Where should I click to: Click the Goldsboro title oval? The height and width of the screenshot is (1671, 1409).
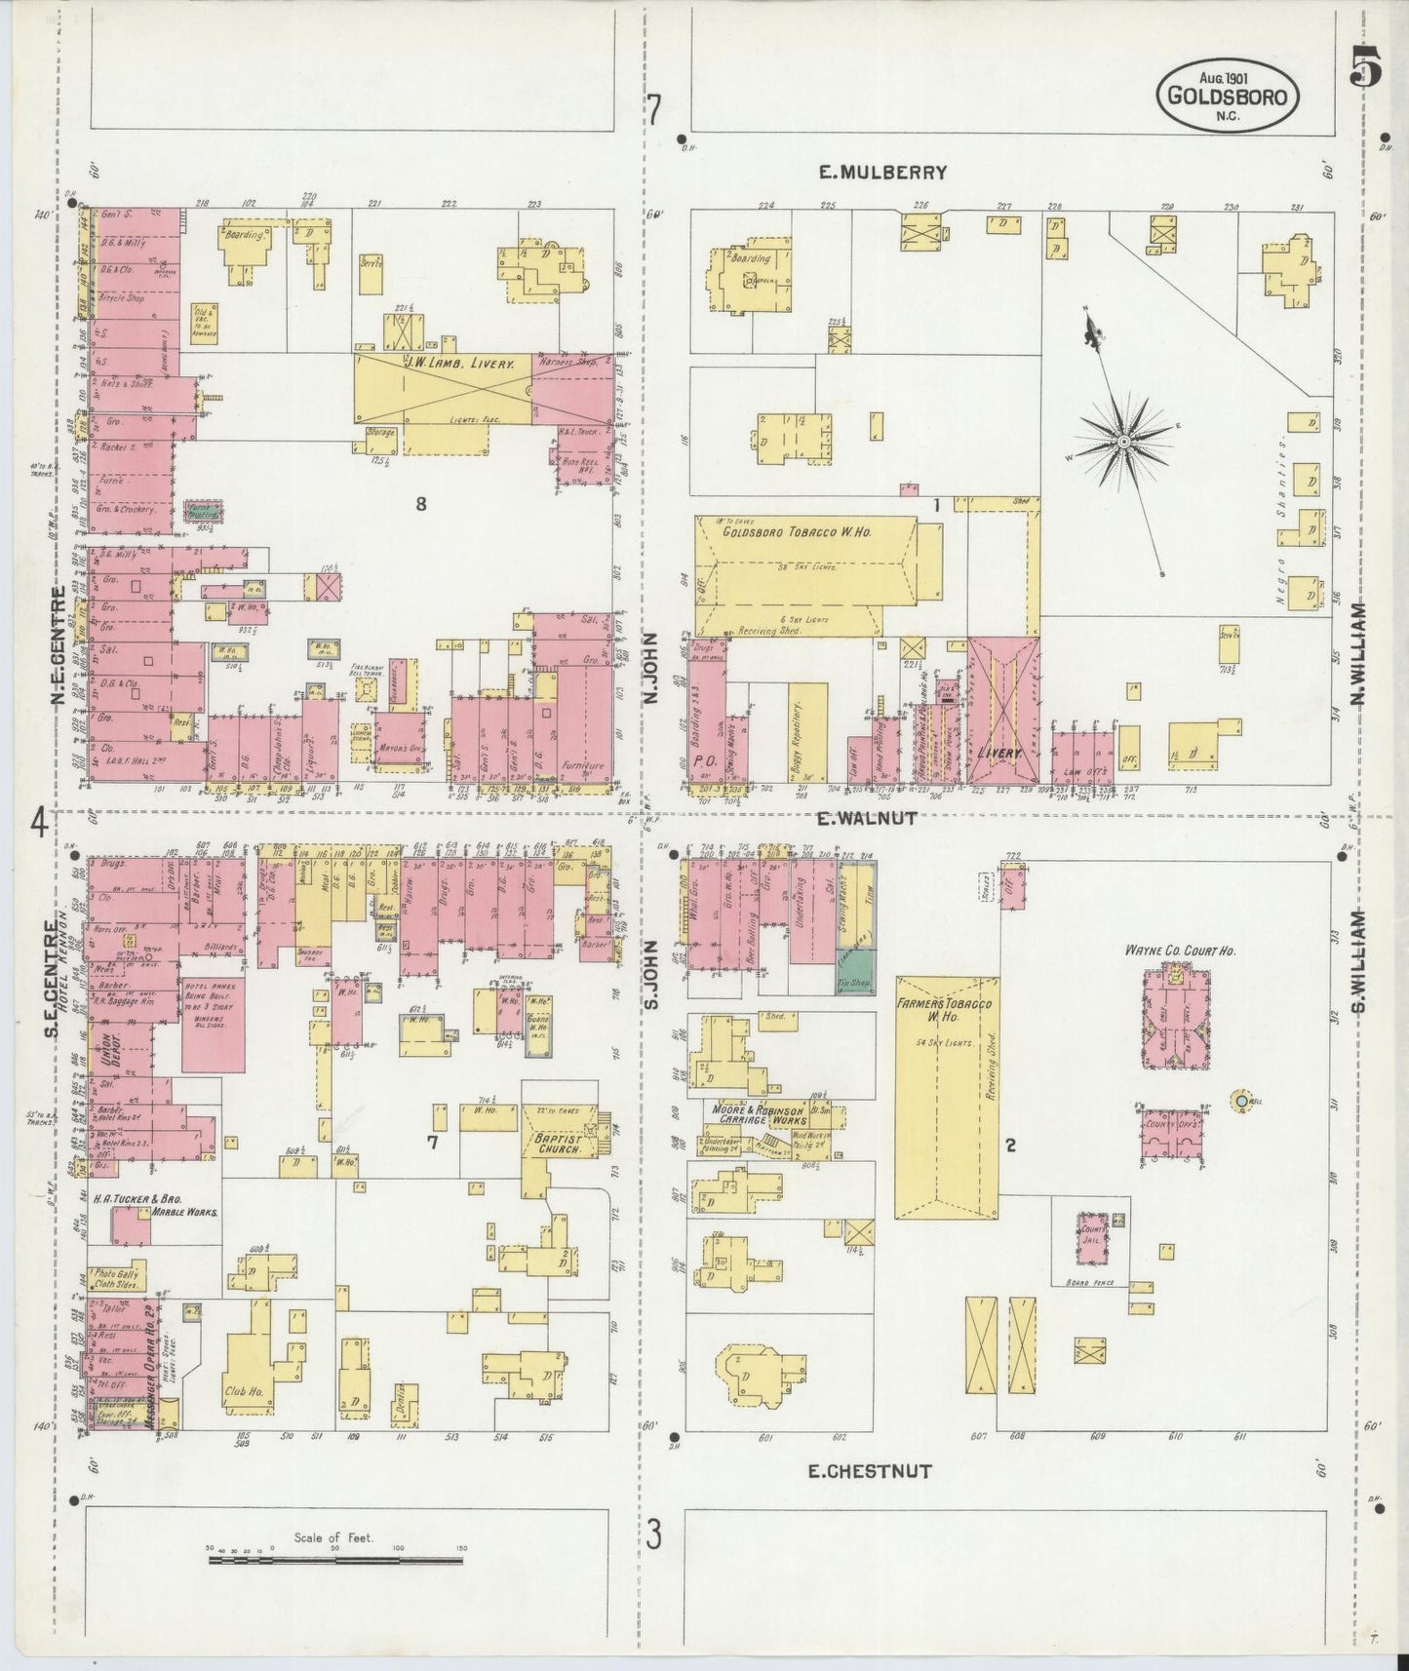click(x=1228, y=95)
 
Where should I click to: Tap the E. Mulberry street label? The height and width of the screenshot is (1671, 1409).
click(x=881, y=173)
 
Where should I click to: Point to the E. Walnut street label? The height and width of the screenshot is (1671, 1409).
click(x=867, y=819)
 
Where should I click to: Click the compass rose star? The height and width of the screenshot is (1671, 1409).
click(x=1123, y=443)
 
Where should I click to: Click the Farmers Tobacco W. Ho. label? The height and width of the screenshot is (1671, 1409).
click(x=945, y=1012)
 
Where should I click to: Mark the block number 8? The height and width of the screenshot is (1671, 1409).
click(x=421, y=504)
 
